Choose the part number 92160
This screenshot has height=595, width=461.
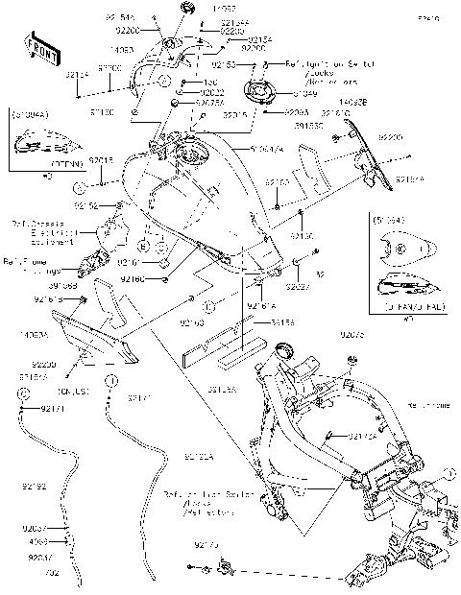pyautogui.click(x=133, y=279)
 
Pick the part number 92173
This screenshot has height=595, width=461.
pyautogui.click(x=206, y=545)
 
